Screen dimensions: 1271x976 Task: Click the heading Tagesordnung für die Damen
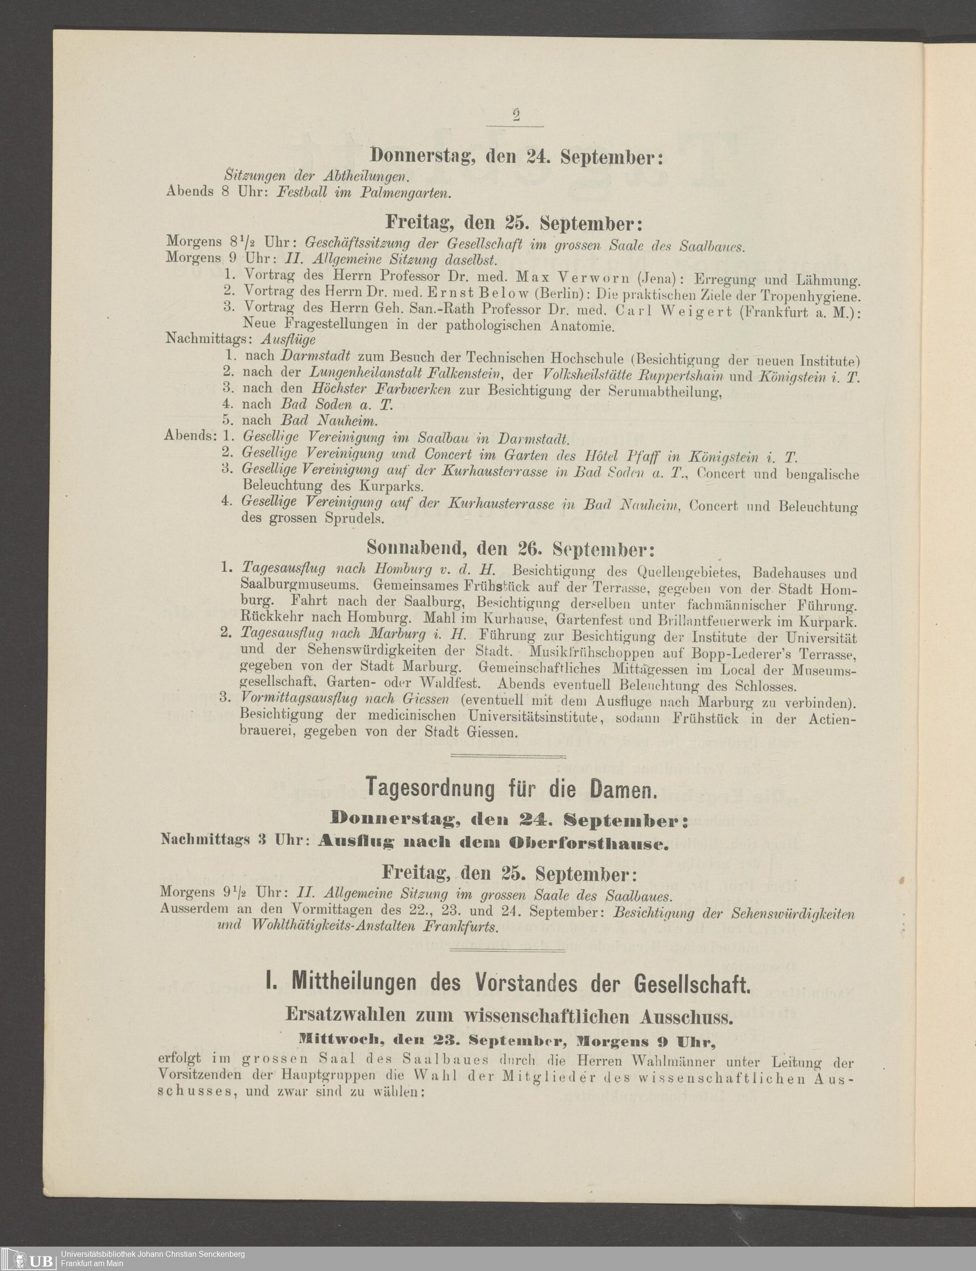click(x=511, y=788)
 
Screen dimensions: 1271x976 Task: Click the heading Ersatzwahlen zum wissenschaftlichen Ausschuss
click(x=509, y=1015)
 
